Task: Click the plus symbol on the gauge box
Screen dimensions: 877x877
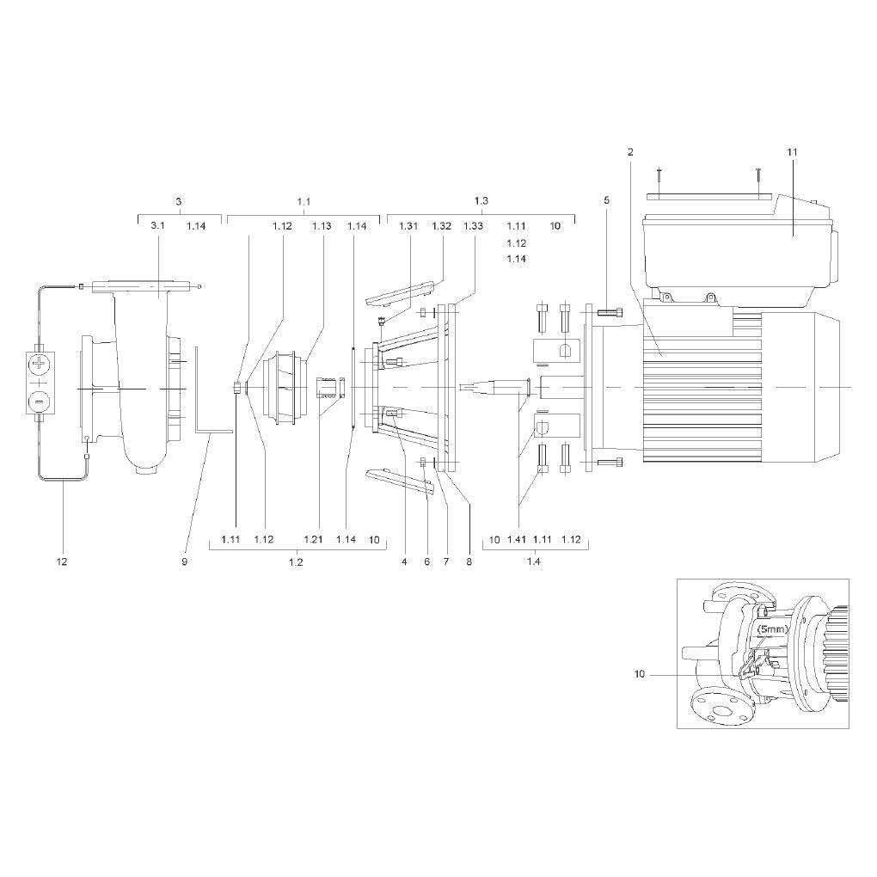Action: [40, 365]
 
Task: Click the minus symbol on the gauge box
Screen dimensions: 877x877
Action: [40, 401]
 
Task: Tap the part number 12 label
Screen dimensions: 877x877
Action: [62, 561]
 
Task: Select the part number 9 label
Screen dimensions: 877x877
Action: [185, 561]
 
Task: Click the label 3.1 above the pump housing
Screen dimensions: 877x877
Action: [157, 226]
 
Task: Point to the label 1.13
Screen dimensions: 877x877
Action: [322, 226]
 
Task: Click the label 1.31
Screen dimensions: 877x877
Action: [408, 226]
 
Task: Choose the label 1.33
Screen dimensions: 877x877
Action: [473, 226]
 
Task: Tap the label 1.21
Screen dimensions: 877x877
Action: [313, 540]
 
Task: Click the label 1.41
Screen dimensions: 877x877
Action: [517, 540]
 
